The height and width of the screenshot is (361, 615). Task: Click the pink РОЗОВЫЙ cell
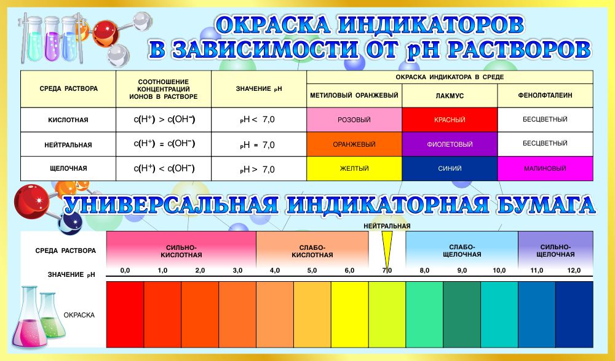(354, 120)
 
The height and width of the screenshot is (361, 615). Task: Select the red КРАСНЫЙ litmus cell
(450, 120)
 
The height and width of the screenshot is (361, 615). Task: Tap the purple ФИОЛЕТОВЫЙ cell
(450, 144)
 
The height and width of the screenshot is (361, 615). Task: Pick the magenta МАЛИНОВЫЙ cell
(545, 168)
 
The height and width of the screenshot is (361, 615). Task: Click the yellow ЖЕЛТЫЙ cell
(354, 168)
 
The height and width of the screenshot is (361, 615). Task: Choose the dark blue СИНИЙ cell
(450, 168)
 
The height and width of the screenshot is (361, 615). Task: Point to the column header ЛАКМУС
(450, 96)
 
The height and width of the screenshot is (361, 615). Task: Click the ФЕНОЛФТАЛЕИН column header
(545, 95)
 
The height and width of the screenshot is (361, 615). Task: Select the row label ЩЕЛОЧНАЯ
(68, 168)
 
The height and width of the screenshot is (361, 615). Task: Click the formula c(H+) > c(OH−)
(164, 120)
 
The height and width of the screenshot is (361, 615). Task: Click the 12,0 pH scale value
(574, 270)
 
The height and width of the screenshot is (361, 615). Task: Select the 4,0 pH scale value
(274, 270)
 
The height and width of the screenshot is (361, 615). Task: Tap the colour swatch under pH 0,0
(125, 314)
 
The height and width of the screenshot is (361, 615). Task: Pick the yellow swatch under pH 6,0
(349, 314)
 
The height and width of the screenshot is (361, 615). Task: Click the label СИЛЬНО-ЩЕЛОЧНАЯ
(555, 250)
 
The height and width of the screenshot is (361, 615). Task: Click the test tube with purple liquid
(52, 39)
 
